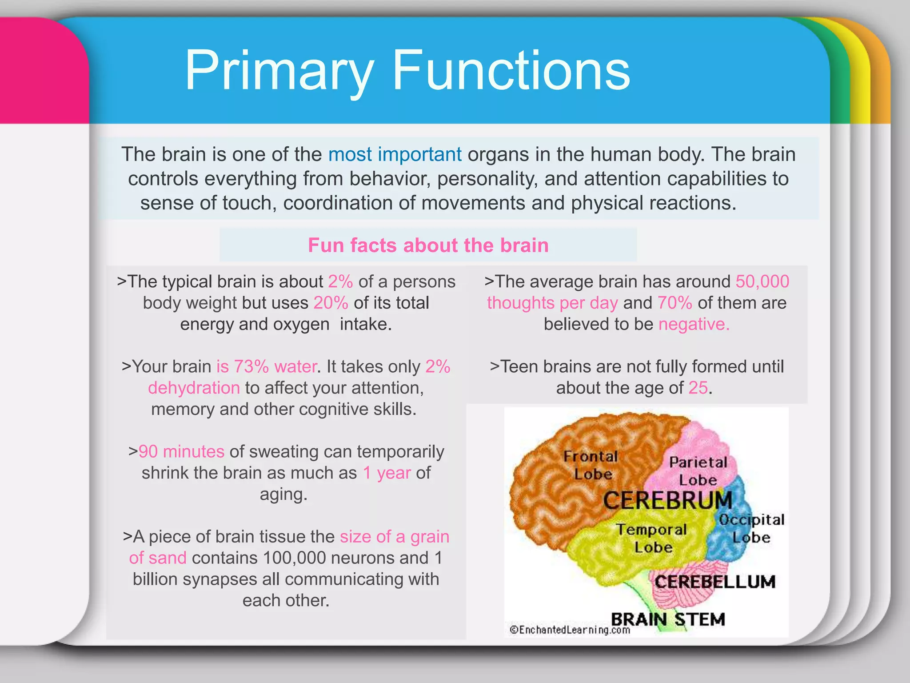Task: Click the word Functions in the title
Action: tap(511, 71)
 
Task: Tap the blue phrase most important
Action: tap(395, 154)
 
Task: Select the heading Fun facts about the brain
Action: tap(428, 245)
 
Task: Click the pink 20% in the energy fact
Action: tap(331, 303)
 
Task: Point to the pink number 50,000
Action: tap(762, 281)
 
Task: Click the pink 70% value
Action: tap(675, 303)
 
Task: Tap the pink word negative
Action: tap(693, 324)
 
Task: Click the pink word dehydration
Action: tap(194, 388)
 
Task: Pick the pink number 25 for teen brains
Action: tap(698, 388)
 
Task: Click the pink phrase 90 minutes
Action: tap(181, 451)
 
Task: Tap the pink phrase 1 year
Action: tap(387, 473)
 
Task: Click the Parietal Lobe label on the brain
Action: tap(698, 471)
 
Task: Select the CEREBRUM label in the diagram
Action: tap(667, 501)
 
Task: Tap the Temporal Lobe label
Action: tap(652, 538)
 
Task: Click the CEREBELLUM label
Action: tap(714, 582)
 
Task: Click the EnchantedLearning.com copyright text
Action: tap(570, 630)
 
